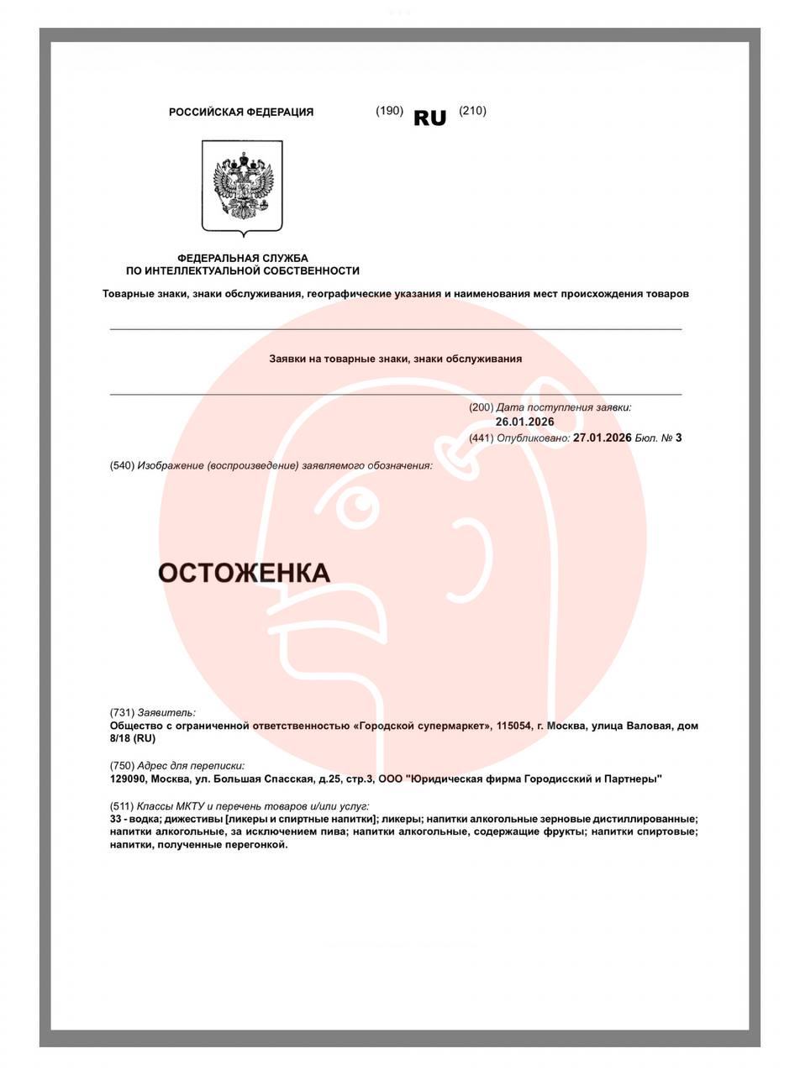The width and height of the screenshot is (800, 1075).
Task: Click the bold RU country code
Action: (x=429, y=118)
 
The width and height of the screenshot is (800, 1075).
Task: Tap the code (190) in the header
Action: (x=389, y=111)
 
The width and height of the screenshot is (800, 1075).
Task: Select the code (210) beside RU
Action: (x=472, y=111)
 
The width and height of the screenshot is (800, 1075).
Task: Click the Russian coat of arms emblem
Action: (x=242, y=187)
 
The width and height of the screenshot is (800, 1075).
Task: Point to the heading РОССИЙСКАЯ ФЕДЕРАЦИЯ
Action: (x=241, y=112)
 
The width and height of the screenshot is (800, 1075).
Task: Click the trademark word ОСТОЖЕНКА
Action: (x=244, y=573)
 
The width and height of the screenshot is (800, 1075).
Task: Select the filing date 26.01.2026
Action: (x=524, y=422)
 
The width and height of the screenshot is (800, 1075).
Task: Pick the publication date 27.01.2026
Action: (x=602, y=438)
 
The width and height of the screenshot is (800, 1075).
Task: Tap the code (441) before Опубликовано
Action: (x=481, y=438)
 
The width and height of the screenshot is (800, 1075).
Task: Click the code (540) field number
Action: (x=122, y=465)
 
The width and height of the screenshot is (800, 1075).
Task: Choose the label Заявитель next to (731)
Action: (x=166, y=713)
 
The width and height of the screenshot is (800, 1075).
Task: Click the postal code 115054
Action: (x=513, y=726)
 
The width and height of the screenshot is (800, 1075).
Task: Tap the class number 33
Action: (x=116, y=819)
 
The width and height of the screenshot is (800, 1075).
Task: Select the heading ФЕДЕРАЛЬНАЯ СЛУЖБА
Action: (x=242, y=258)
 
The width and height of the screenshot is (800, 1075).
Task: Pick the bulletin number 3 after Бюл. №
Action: (x=678, y=438)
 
